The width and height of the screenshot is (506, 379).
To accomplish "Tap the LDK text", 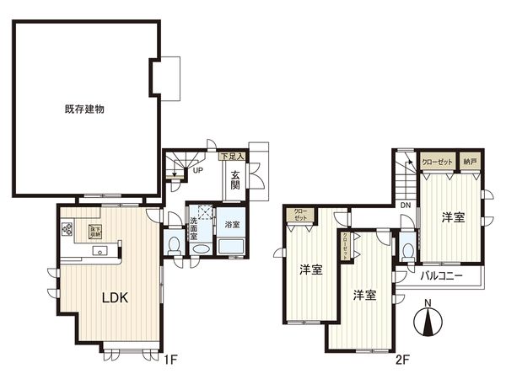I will coord(116,297).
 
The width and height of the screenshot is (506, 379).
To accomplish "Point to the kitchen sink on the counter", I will coord(103,250).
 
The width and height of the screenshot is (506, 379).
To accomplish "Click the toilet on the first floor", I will coord(174,245).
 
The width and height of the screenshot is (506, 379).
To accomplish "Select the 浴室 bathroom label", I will coord(230,225).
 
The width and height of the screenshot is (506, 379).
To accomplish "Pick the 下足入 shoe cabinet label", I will coord(232,157).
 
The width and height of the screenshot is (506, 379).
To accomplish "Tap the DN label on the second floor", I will coord(406,206).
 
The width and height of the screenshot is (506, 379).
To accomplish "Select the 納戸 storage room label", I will coord(471,161).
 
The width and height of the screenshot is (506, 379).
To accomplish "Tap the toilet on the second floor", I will coord(407,249).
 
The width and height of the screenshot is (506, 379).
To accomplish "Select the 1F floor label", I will coord(171,361).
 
